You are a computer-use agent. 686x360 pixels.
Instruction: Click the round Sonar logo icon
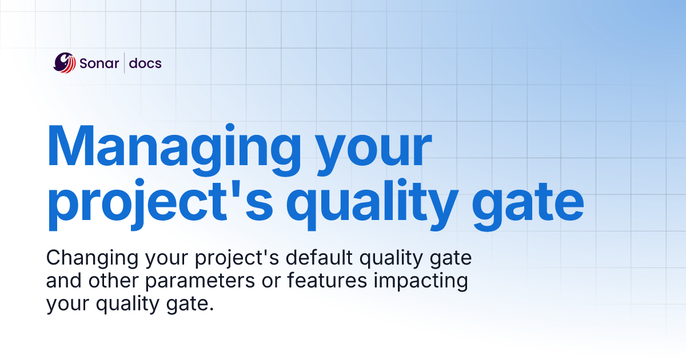(65, 63)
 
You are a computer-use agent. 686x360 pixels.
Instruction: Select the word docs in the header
(145, 63)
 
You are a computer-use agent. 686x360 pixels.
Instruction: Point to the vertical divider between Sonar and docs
(125, 63)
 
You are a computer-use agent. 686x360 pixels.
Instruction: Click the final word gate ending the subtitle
(192, 305)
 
